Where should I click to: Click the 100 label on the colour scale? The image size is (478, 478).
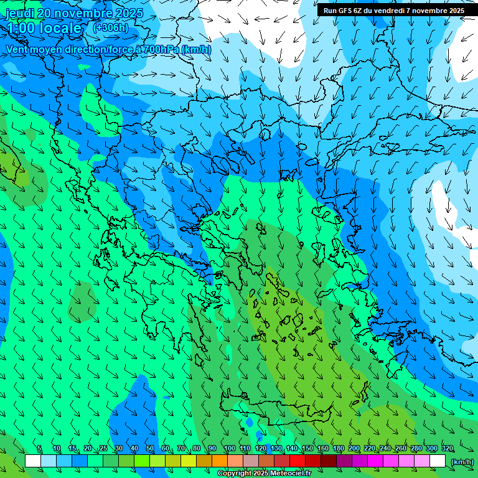click(230, 449)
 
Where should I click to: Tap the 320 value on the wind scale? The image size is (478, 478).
click(448, 449)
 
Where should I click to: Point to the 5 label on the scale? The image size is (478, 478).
click(39, 449)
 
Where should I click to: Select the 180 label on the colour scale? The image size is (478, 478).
click(339, 449)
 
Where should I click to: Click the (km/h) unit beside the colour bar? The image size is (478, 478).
click(462, 462)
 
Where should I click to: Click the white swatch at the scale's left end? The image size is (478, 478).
click(33, 461)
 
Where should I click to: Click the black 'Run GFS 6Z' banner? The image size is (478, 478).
click(393, 11)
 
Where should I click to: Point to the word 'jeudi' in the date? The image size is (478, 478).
click(19, 13)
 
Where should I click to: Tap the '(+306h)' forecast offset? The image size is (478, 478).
click(110, 27)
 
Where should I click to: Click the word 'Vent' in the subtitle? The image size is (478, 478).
click(17, 49)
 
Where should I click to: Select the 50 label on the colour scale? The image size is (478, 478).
click(150, 449)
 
